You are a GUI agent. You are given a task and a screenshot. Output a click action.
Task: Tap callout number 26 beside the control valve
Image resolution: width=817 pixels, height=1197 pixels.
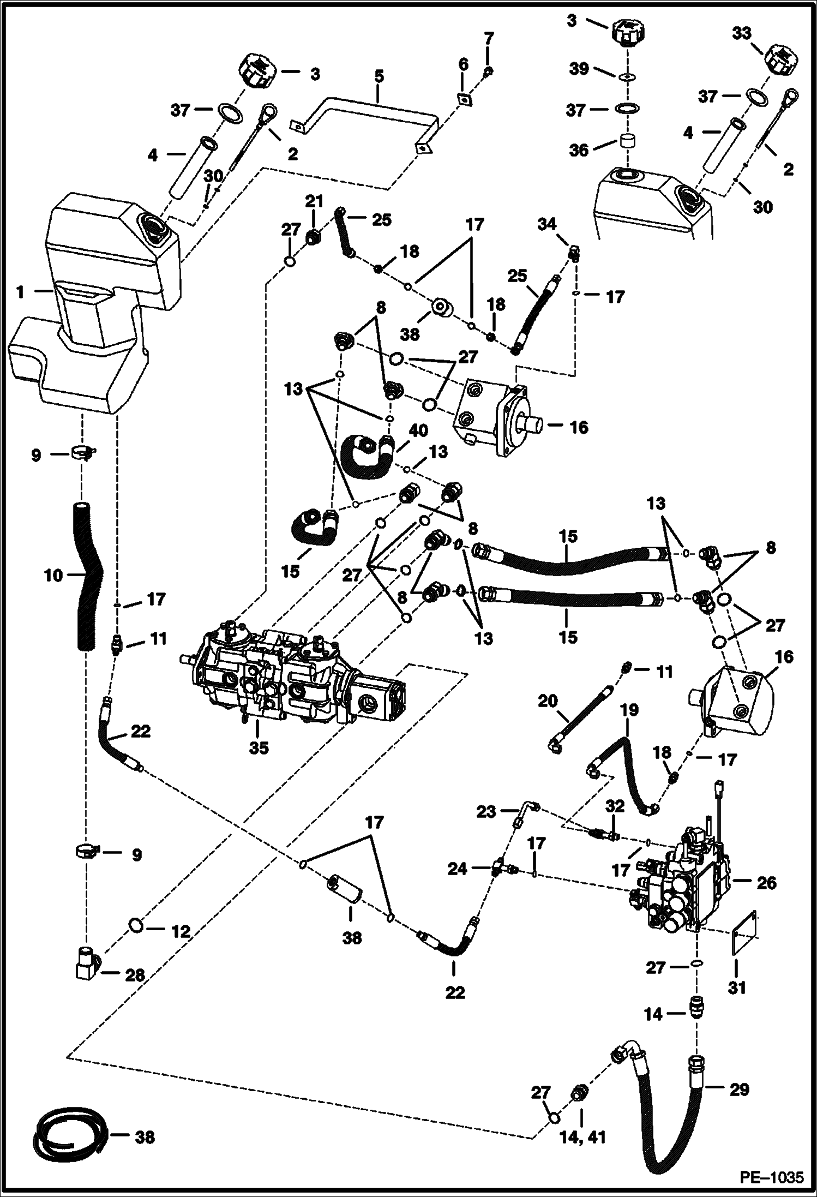766,882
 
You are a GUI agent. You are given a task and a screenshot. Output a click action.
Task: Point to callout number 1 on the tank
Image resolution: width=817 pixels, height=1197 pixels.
20,292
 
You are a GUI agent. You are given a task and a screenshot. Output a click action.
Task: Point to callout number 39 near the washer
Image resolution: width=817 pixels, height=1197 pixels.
579,69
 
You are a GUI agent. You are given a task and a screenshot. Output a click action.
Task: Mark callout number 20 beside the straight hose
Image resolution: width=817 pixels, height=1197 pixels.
548,700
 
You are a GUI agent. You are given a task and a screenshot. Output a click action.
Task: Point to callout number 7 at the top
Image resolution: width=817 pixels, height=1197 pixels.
489,39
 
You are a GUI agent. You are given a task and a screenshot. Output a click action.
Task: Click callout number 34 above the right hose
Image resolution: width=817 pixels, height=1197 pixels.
547,224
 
